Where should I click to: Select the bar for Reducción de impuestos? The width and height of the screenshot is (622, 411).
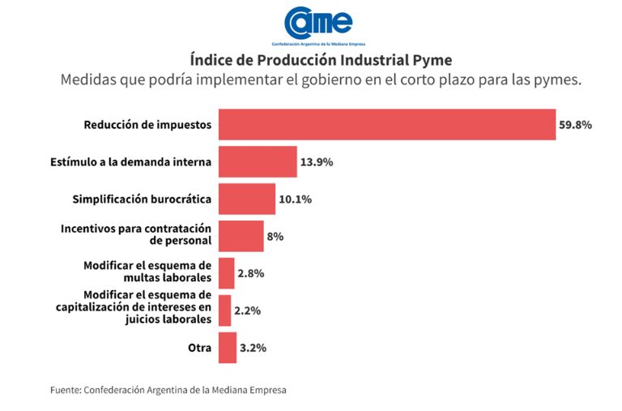coord(387,125)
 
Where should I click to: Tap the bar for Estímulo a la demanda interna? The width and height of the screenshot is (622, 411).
coord(258,161)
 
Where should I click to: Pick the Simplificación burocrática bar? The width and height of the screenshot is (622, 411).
coord(247,199)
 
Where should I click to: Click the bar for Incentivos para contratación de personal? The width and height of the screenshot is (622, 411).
coord(241,236)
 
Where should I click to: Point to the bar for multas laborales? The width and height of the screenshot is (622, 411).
coord(227,273)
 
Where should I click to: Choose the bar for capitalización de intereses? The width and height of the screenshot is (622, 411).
coord(225,310)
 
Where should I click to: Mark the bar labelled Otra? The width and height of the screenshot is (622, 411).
coord(228,348)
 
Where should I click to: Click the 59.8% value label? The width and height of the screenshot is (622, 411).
coord(575,125)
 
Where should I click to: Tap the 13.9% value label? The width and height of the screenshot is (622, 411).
coord(317,162)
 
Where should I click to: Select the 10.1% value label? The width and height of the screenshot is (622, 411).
coord(295,199)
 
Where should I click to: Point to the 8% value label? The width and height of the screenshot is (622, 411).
coord(275,237)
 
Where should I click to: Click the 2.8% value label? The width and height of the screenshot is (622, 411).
coord(251,273)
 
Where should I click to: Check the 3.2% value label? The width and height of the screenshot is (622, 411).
coord(253,348)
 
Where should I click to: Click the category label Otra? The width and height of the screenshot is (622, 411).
coord(199,348)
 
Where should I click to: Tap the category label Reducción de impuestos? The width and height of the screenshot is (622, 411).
coord(147,125)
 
